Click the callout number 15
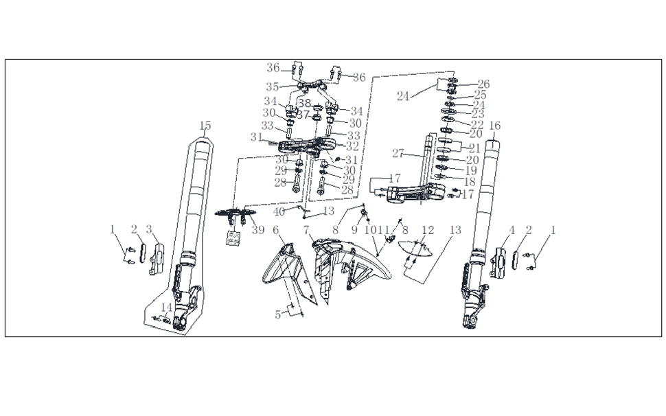click(205, 126)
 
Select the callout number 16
click(495, 126)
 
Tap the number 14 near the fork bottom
click(166, 307)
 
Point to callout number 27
click(398, 154)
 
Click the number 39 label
click(258, 230)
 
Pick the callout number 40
click(279, 211)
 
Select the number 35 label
click(273, 87)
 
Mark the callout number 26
click(484, 84)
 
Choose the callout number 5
click(278, 315)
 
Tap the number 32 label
click(352, 146)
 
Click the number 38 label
click(305, 103)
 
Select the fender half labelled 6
click(289, 272)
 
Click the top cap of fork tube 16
click(493, 145)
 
